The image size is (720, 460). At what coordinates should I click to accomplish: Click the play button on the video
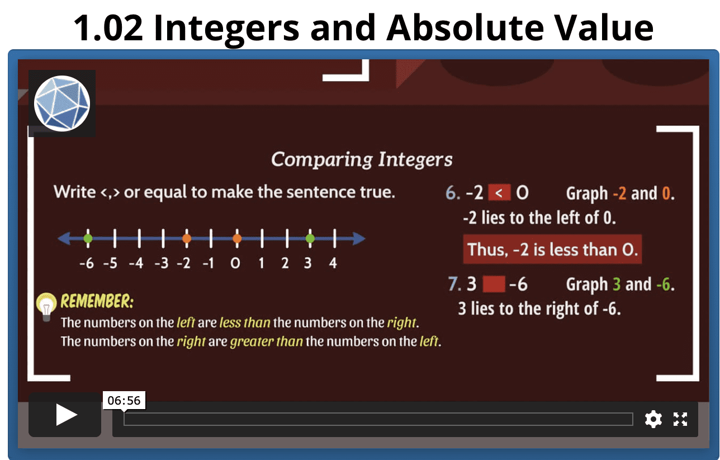[65, 415]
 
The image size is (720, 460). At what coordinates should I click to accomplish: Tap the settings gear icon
[653, 419]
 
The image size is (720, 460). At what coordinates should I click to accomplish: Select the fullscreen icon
[680, 419]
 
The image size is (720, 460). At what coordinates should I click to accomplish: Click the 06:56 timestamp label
[124, 400]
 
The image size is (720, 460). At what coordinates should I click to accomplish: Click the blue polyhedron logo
[62, 104]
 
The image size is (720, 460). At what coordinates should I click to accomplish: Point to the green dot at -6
[88, 239]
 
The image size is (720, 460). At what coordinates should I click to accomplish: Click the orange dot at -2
[187, 239]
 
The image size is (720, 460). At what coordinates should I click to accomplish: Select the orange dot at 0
[237, 239]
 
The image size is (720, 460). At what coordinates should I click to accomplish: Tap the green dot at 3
[310, 239]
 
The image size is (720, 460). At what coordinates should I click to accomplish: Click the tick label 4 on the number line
[333, 263]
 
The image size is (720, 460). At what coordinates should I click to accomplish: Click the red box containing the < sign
[499, 193]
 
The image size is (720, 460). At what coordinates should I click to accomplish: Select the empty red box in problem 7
[494, 284]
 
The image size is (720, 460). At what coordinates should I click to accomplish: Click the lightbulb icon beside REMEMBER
[46, 306]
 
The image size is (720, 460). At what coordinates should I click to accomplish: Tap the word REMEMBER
[97, 302]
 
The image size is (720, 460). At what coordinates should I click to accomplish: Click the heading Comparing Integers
[362, 159]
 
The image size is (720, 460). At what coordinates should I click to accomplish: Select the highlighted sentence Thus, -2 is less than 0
[552, 250]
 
